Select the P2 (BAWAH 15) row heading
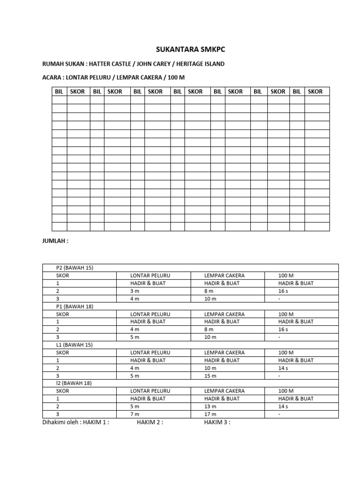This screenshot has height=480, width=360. tap(75, 268)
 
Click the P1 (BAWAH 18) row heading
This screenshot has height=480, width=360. tap(75, 306)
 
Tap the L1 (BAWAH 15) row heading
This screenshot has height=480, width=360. tap(75, 345)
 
